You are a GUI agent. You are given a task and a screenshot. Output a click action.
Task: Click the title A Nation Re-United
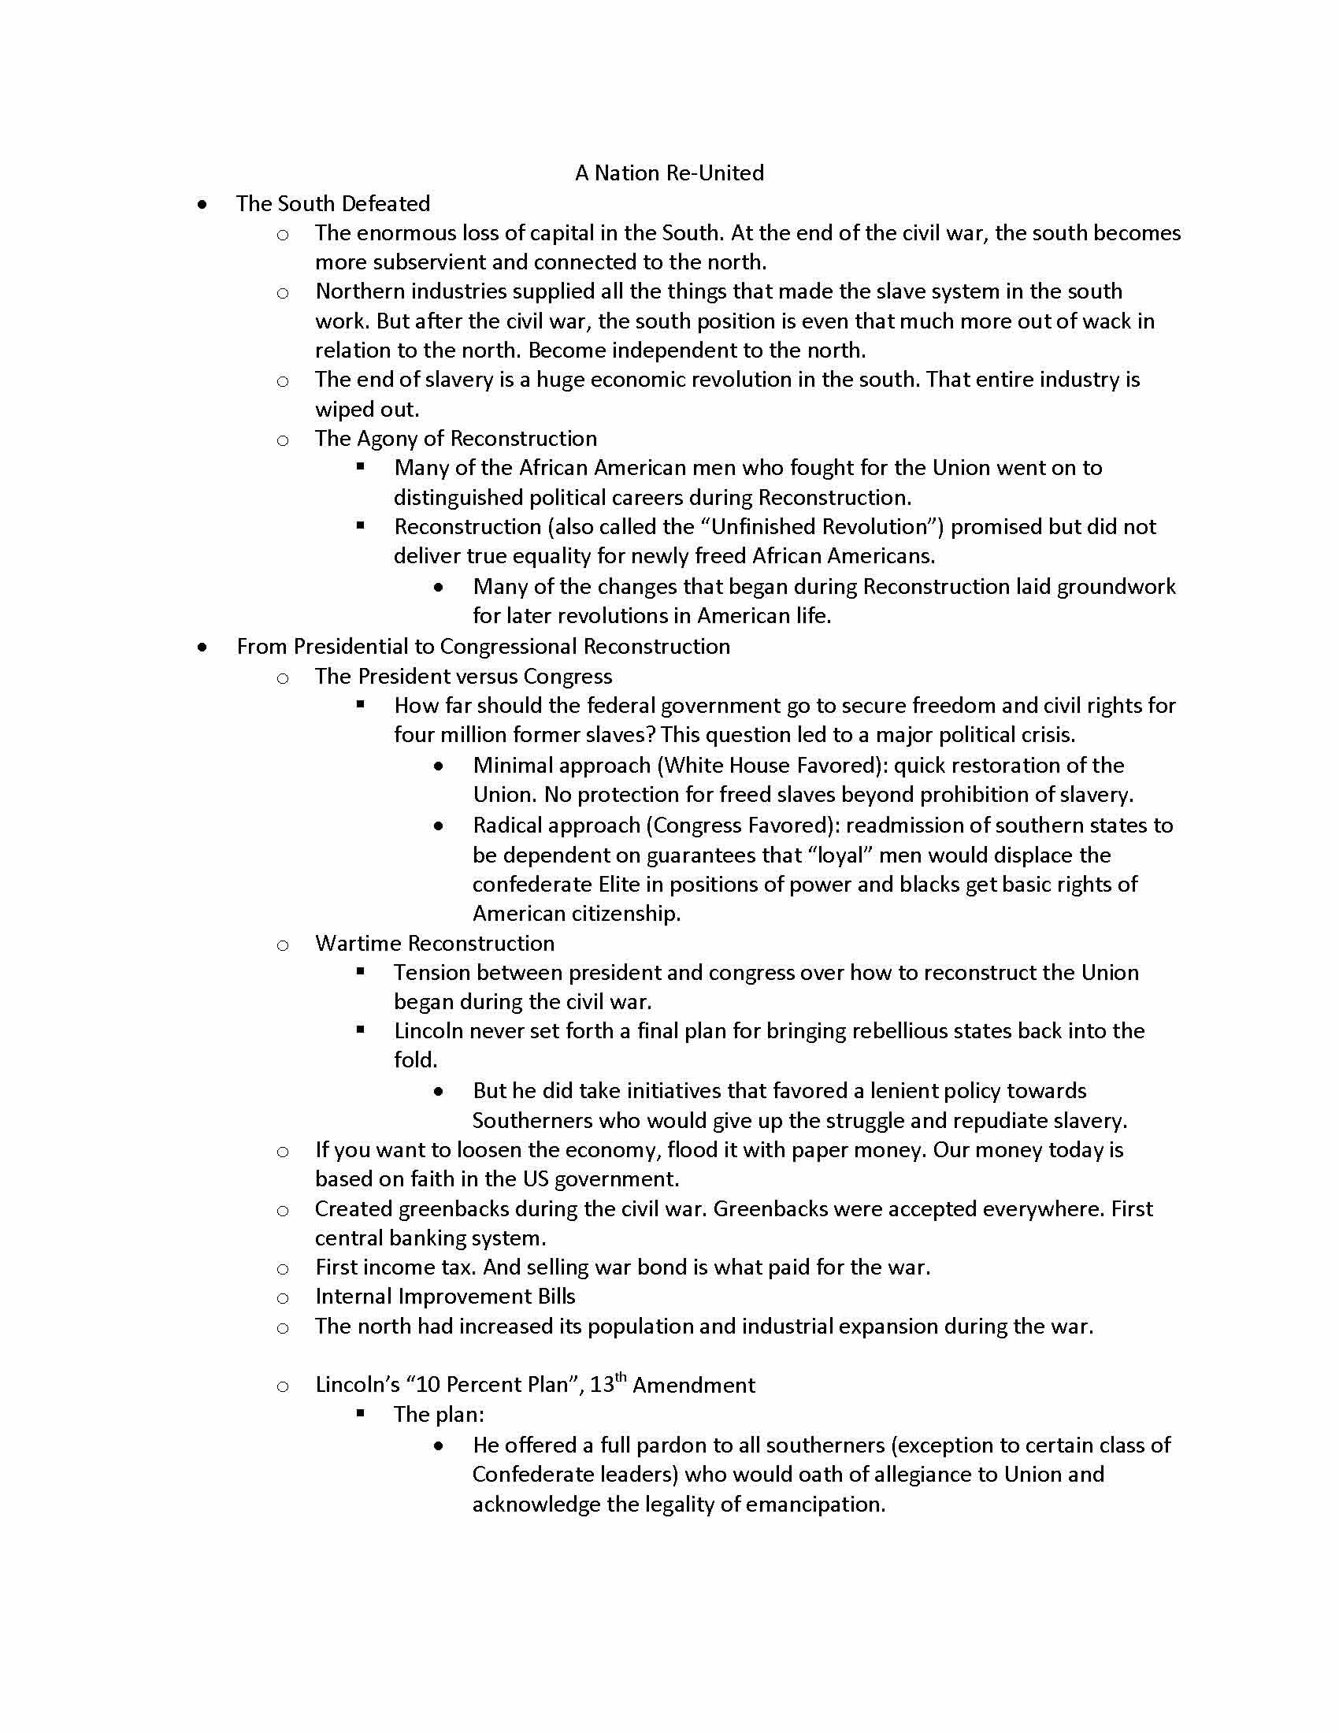pos(669,173)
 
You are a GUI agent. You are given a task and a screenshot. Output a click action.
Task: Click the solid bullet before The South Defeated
pos(204,205)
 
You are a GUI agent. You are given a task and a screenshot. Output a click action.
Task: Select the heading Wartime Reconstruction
pos(434,943)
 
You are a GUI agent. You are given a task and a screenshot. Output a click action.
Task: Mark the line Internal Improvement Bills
pos(444,1296)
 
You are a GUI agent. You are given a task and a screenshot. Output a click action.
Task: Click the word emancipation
pos(814,1504)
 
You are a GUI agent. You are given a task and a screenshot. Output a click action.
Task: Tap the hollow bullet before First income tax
pos(283,1269)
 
